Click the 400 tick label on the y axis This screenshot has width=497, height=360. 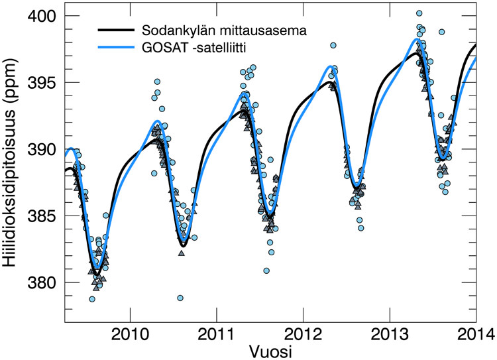42,15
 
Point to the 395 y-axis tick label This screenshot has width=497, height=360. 42,82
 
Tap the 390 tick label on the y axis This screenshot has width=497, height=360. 42,149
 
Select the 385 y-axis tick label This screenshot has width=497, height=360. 42,216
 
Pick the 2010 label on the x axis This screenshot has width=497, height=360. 131,332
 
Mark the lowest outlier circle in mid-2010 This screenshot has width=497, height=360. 180,298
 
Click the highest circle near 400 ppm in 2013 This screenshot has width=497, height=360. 419,13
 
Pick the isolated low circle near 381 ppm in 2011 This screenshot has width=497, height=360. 266,270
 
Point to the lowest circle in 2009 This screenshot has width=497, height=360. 92,299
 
